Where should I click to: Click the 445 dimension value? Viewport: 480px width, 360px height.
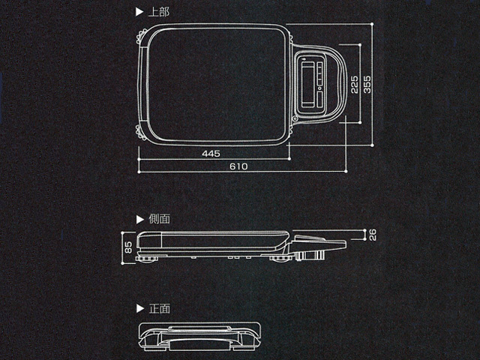coord(211,153)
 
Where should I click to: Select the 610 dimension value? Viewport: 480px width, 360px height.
coord(238,166)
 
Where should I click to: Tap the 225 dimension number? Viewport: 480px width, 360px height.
coord(354,85)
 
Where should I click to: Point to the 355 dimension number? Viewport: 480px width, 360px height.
coord(367,85)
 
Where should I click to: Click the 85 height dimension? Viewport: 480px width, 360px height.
coord(129,247)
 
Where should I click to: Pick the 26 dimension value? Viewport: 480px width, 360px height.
coord(373,235)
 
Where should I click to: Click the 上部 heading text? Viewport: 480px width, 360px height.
coord(158,12)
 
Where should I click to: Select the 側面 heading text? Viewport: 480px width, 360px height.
coord(159,219)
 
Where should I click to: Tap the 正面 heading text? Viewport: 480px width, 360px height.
coord(159,308)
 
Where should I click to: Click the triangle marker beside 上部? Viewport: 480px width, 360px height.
coord(139,12)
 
